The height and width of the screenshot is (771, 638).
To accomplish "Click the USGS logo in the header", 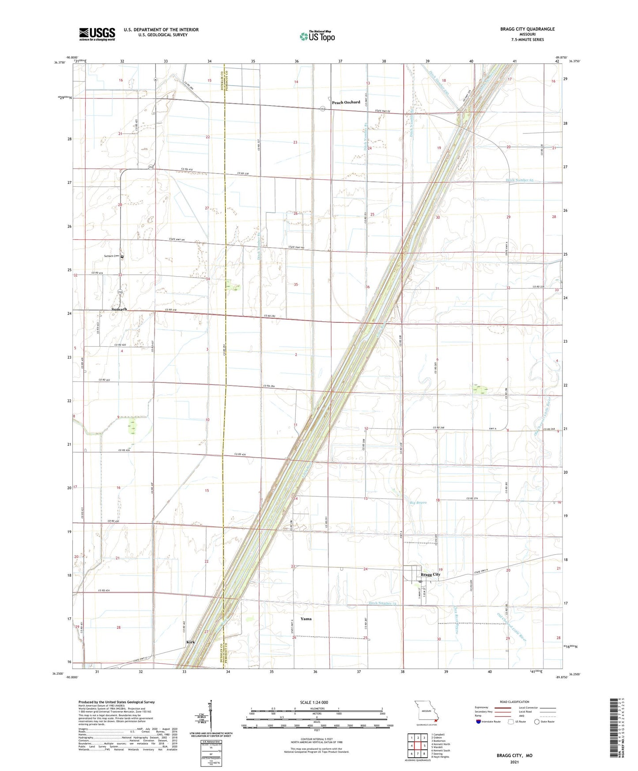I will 97,34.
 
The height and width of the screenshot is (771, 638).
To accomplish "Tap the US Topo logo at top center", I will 317,36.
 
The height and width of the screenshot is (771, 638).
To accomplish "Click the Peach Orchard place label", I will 346,102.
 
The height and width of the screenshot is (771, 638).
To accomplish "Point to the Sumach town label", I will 119,309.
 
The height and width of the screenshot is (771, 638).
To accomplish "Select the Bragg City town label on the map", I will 430,574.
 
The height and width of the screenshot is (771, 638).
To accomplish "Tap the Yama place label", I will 306,619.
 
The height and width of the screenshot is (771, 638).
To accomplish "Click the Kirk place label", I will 191,642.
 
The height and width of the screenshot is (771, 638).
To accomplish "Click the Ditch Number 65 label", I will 519,180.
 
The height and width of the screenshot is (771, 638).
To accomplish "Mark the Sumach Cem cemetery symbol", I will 122,257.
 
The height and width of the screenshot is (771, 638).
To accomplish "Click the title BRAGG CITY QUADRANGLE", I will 527,29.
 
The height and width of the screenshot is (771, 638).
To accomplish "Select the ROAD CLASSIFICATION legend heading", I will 514,702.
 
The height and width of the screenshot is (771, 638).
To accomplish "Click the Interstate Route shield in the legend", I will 479,722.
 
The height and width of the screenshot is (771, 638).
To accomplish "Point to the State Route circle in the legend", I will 536,722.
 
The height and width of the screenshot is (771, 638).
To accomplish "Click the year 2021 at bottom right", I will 514,762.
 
